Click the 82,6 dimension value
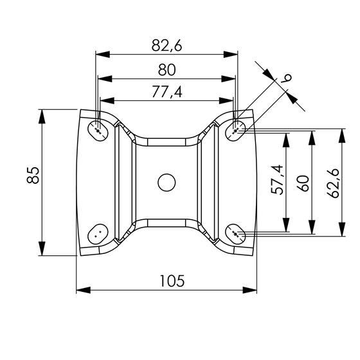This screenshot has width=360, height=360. pyautogui.click(x=166, y=45)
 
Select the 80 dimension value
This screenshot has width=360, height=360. pyautogui.click(x=167, y=70)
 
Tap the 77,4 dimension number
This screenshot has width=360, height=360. pyautogui.click(x=167, y=93)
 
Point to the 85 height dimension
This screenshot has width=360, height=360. pyautogui.click(x=33, y=175)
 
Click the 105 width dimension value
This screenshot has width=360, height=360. pyautogui.click(x=172, y=281)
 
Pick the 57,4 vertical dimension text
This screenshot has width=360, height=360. pyautogui.click(x=277, y=180)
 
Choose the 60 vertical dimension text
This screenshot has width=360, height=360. pyautogui.click(x=303, y=183)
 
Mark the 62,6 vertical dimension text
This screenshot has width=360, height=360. pyautogui.click(x=333, y=183)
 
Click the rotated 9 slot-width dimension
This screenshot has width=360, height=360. pyautogui.click(x=287, y=78)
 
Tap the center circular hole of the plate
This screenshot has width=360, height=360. pyautogui.click(x=166, y=183)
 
